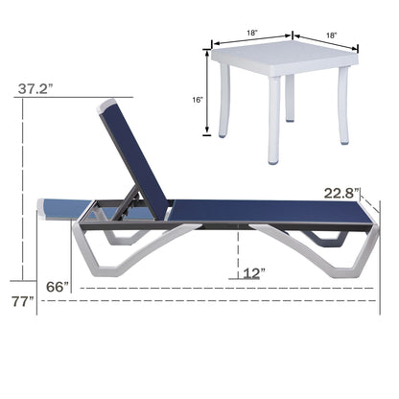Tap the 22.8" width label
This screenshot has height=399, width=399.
click(341, 193)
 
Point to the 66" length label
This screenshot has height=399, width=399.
click(59, 286)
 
